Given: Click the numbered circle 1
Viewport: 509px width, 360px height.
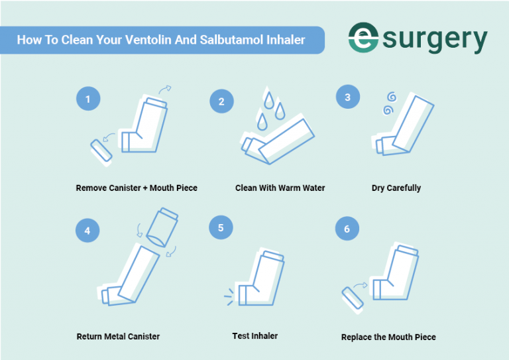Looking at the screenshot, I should click(87, 100).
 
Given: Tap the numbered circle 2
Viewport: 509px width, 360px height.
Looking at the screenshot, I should click(221, 102).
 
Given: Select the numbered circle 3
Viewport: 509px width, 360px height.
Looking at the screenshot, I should click(348, 97).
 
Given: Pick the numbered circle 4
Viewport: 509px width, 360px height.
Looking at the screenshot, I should click(87, 231).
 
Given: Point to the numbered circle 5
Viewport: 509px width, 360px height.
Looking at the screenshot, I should click(221, 227).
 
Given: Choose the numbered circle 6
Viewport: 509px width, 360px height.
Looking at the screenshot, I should click(348, 229).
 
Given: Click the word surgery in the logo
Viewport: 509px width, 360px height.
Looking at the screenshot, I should click(435, 41).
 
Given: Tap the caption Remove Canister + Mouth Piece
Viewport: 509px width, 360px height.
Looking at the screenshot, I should click(137, 188).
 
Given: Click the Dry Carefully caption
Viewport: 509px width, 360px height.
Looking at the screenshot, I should click(396, 188).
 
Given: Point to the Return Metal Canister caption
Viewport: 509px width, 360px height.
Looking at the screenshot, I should click(118, 337).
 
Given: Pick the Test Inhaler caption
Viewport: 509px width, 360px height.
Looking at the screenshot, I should click(255, 335).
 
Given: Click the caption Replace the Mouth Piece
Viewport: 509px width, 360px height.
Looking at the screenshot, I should click(388, 337).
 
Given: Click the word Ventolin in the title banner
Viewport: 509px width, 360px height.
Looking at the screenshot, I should click(149, 40).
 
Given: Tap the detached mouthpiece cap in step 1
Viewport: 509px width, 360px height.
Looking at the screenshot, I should click(100, 149).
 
